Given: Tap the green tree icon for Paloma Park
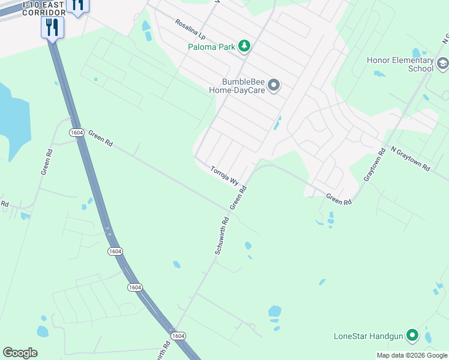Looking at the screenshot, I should coord(244,46).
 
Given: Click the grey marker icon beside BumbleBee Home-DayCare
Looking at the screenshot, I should coord(274,85).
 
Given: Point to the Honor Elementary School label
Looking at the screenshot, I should coord(400,64).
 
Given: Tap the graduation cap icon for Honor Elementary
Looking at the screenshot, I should coord(442,64).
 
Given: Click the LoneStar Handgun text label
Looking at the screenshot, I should coord(368,335).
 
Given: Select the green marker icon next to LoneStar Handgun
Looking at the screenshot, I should coord(412,335).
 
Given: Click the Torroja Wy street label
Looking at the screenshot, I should coord(225,176).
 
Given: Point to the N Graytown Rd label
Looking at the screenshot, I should coord(410,158).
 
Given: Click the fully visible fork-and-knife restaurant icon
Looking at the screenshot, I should coord(52,26).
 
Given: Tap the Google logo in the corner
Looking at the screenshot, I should coord(20,353).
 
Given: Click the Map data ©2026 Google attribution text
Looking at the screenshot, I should coord(411,355).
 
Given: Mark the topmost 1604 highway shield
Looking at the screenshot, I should coord(76,132).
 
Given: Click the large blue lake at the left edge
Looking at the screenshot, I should coord(11,120).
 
